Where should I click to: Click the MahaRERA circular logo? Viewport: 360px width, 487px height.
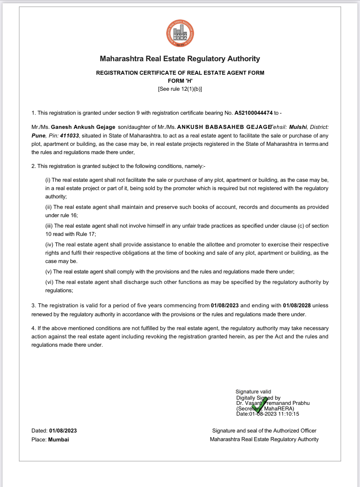click(x=180, y=34)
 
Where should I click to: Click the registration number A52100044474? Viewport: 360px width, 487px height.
click(x=254, y=113)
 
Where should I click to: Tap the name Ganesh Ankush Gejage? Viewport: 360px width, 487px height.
click(x=83, y=127)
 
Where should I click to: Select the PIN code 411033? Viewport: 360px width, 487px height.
click(x=70, y=136)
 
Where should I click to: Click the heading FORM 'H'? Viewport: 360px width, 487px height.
click(x=180, y=81)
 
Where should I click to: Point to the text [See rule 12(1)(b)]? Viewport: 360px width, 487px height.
click(x=180, y=89)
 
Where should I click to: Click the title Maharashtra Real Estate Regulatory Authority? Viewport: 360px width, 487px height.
click(x=180, y=59)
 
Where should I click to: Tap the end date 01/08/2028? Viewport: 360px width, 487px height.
click(x=297, y=305)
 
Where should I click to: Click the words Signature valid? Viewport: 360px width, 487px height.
click(x=253, y=392)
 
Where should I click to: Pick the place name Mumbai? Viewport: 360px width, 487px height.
click(x=58, y=440)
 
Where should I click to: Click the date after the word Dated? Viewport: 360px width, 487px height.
click(x=63, y=431)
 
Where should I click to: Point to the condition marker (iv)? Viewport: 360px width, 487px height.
click(x=49, y=245)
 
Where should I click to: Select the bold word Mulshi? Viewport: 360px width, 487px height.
click(x=298, y=127)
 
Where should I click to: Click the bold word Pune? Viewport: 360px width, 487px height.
click(x=38, y=136)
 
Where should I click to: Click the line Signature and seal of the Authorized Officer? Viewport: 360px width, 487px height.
click(x=264, y=431)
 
